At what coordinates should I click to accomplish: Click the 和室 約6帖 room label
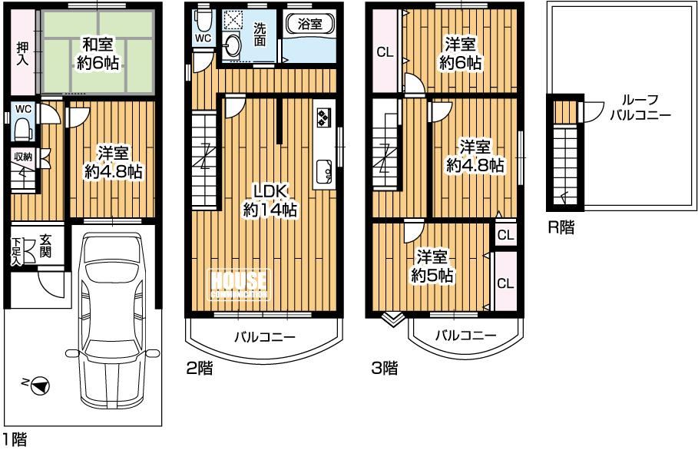pos(98,54)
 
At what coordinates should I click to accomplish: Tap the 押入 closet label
pos(22,54)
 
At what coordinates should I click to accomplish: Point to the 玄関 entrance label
pos(45,246)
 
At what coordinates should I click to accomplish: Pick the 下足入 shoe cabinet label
pos(17,251)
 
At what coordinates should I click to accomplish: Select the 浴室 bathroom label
pos(309,24)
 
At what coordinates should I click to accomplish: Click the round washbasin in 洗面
pos(233,46)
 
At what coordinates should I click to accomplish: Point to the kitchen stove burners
pos(323,117)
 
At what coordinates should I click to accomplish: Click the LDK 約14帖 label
pos(270,200)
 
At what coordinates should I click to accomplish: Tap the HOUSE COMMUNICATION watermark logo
pos(239,285)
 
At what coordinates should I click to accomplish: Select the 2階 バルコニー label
pos(265,336)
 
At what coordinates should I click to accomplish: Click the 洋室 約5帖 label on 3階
pos(432,266)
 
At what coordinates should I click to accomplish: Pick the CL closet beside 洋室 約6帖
pos(385,52)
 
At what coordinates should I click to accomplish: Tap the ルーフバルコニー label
pos(640,108)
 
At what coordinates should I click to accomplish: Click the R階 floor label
pos(561,228)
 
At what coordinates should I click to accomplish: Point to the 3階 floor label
pos(385,368)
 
